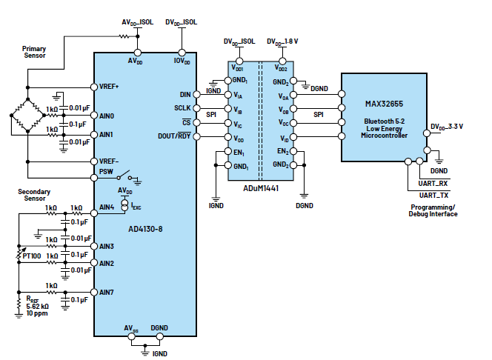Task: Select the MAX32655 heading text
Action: click(x=384, y=104)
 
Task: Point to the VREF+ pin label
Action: click(x=109, y=85)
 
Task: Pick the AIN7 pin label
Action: click(x=107, y=291)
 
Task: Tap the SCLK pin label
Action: click(x=182, y=109)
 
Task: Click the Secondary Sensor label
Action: click(x=33, y=196)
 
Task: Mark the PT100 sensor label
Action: click(x=32, y=256)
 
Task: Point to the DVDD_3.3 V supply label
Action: click(x=447, y=126)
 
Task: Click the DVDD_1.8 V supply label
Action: click(x=282, y=42)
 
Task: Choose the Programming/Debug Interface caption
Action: click(x=433, y=210)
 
